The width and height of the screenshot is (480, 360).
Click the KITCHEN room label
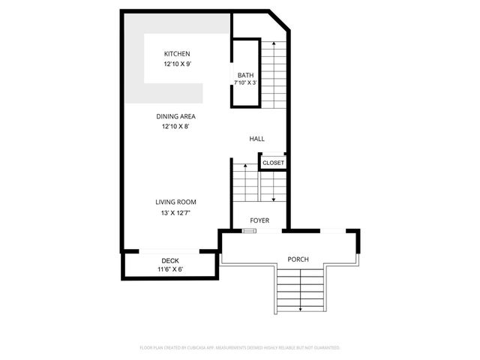177,54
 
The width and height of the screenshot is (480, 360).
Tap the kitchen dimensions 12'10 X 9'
177,64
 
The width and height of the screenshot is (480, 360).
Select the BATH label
245,75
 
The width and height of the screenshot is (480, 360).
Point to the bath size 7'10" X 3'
245,83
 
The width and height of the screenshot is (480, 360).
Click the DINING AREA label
176,116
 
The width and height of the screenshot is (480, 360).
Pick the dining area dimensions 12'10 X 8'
176,127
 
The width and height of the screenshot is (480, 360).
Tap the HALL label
257,139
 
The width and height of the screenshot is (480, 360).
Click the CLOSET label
273,163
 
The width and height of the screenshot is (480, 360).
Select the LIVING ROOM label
175,202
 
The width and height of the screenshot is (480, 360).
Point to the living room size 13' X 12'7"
175,213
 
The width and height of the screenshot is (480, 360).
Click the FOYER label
259,220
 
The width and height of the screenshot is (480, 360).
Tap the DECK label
170,261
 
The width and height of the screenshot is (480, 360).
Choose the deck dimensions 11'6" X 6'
170,269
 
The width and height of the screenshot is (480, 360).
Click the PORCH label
298,259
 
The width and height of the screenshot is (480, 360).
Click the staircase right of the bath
274,71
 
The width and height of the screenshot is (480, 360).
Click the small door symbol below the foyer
249,231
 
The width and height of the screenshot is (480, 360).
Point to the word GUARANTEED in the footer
324,348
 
